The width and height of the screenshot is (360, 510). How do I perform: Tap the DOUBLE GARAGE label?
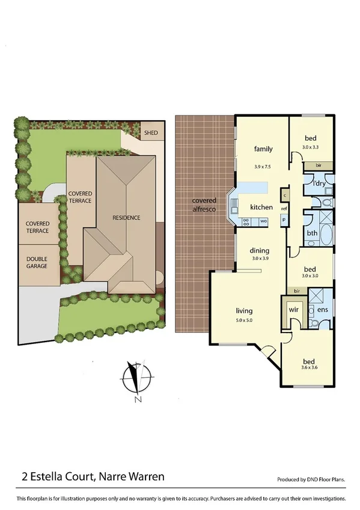(x=37, y=262)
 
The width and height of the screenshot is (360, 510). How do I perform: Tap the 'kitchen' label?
(x=261, y=207)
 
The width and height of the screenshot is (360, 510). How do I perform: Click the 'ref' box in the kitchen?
(x=284, y=209)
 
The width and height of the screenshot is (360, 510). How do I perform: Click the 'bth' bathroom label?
(x=312, y=233)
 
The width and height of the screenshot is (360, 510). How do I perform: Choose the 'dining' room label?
(x=260, y=250)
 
